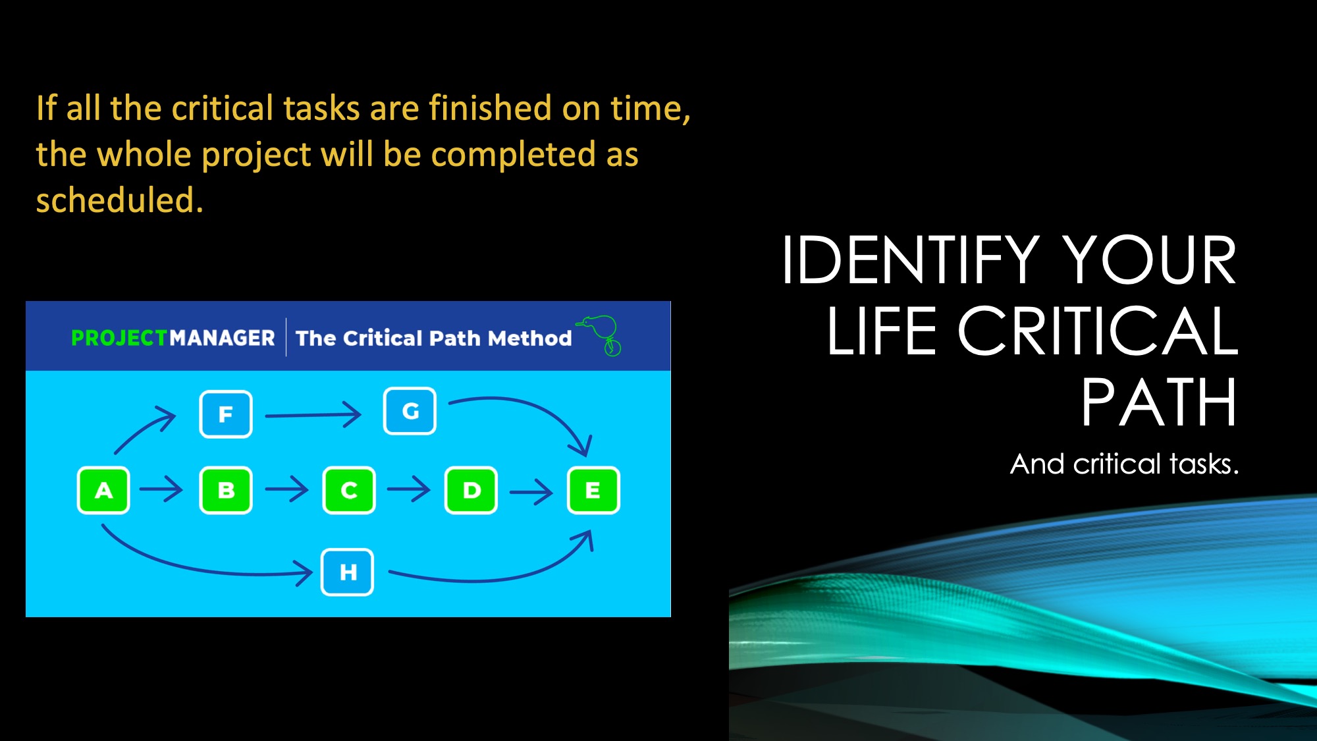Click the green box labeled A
click(x=103, y=490)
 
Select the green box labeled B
click(x=226, y=490)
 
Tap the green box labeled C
click(x=349, y=490)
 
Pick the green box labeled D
click(x=471, y=490)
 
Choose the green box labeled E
click(x=593, y=490)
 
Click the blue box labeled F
click(x=226, y=414)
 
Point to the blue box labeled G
click(x=410, y=411)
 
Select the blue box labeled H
click(x=348, y=572)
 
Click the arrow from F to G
click(x=313, y=415)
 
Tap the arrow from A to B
click(x=161, y=489)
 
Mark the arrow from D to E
click(x=531, y=491)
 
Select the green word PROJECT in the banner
click(x=119, y=338)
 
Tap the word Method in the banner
click(x=530, y=338)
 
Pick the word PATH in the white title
click(x=1159, y=402)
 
